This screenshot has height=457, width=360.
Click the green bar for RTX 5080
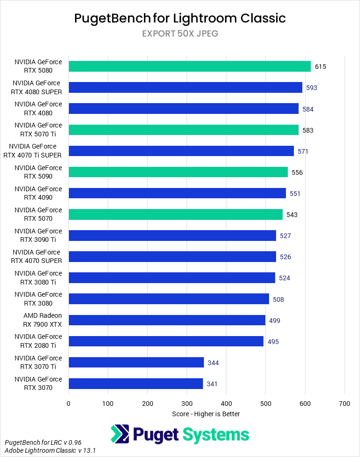[189, 66]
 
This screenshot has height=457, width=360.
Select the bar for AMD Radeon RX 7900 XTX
[167, 320]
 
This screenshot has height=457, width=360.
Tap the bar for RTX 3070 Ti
[136, 362]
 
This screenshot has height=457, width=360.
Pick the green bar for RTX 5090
[178, 172]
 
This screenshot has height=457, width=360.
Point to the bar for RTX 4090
[177, 193]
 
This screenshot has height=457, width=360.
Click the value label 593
[312, 88]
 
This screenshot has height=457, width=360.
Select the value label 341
[212, 384]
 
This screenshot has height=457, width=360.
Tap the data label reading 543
[292, 215]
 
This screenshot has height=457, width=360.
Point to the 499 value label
[275, 321]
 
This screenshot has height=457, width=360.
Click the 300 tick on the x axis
[187, 403]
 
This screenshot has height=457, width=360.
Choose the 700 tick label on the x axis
[345, 403]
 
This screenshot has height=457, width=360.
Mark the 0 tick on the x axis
[68, 403]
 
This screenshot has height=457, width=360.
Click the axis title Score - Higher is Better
[206, 414]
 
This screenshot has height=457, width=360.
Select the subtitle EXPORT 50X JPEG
[180, 34]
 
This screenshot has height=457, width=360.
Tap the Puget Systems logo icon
[120, 434]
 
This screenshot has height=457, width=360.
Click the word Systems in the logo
[216, 435]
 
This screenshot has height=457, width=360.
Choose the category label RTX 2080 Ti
[38, 341]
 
